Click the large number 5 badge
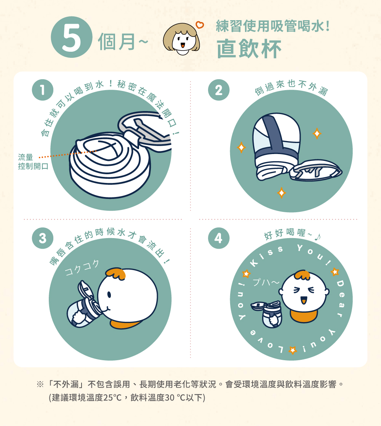click(72, 37)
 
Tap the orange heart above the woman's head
click(200, 25)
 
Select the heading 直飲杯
click(249, 49)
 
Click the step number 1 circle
click(42, 90)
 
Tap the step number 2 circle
click(219, 90)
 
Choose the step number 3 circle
click(42, 238)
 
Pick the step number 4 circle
click(219, 238)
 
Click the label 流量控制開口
click(33, 162)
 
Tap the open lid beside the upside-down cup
click(316, 170)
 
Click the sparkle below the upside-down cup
click(282, 193)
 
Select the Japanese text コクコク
click(82, 268)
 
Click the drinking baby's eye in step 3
click(109, 295)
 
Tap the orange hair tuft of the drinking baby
click(116, 274)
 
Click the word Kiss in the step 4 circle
click(266, 256)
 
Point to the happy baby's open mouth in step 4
click(303, 300)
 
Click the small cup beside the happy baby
click(268, 313)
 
